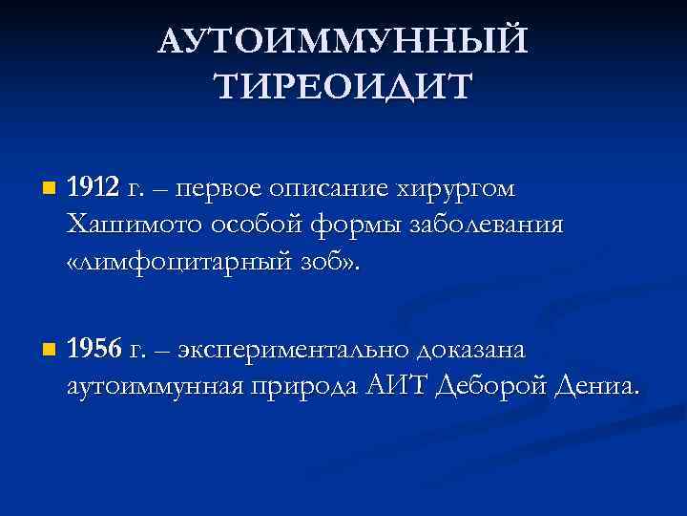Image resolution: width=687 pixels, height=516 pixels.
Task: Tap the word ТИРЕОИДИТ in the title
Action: pyautogui.click(x=343, y=87)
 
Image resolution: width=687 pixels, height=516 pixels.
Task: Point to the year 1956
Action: pyautogui.click(x=94, y=350)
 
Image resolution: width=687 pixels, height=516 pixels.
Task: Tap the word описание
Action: pyautogui.click(x=335, y=189)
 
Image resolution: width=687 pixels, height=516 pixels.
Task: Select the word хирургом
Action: pyautogui.click(x=457, y=189)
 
